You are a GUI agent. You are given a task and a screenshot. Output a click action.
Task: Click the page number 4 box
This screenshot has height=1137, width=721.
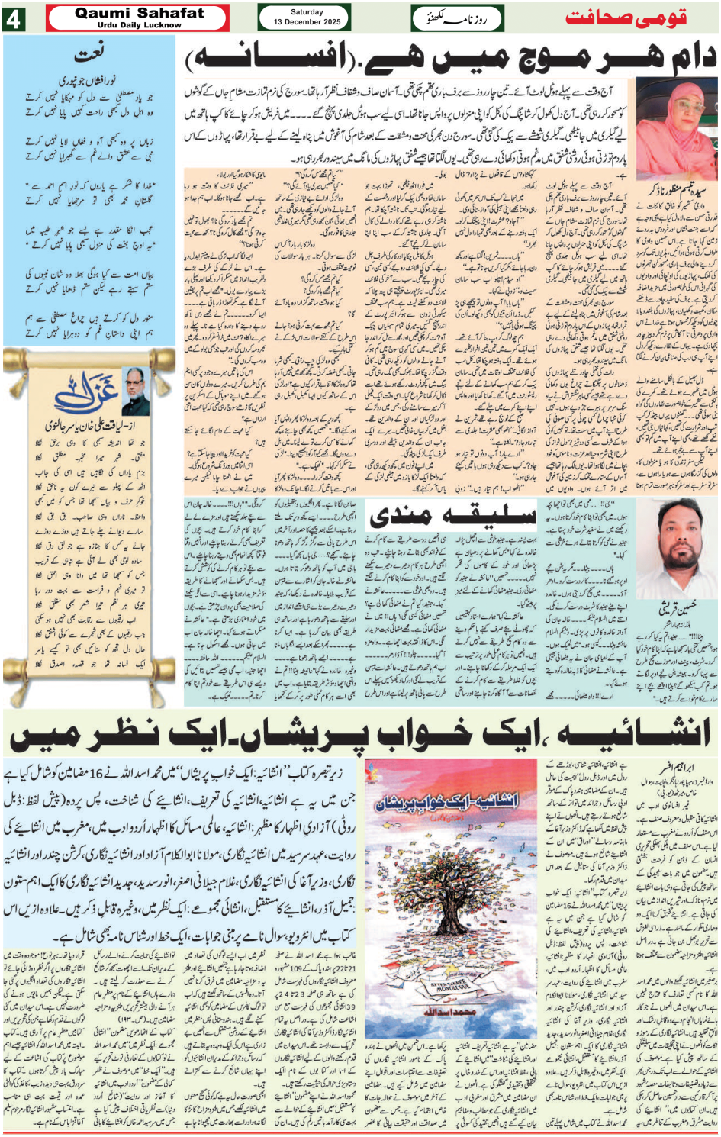[x=14, y=18]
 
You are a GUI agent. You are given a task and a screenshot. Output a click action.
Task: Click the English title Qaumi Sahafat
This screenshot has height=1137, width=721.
[x=140, y=12]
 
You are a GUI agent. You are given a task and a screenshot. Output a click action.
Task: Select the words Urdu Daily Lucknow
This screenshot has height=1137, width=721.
[x=140, y=25]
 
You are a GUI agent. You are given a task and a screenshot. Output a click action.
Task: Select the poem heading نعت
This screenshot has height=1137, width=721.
[x=90, y=53]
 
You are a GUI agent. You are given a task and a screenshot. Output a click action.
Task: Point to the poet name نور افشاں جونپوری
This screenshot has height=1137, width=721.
[x=91, y=80]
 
